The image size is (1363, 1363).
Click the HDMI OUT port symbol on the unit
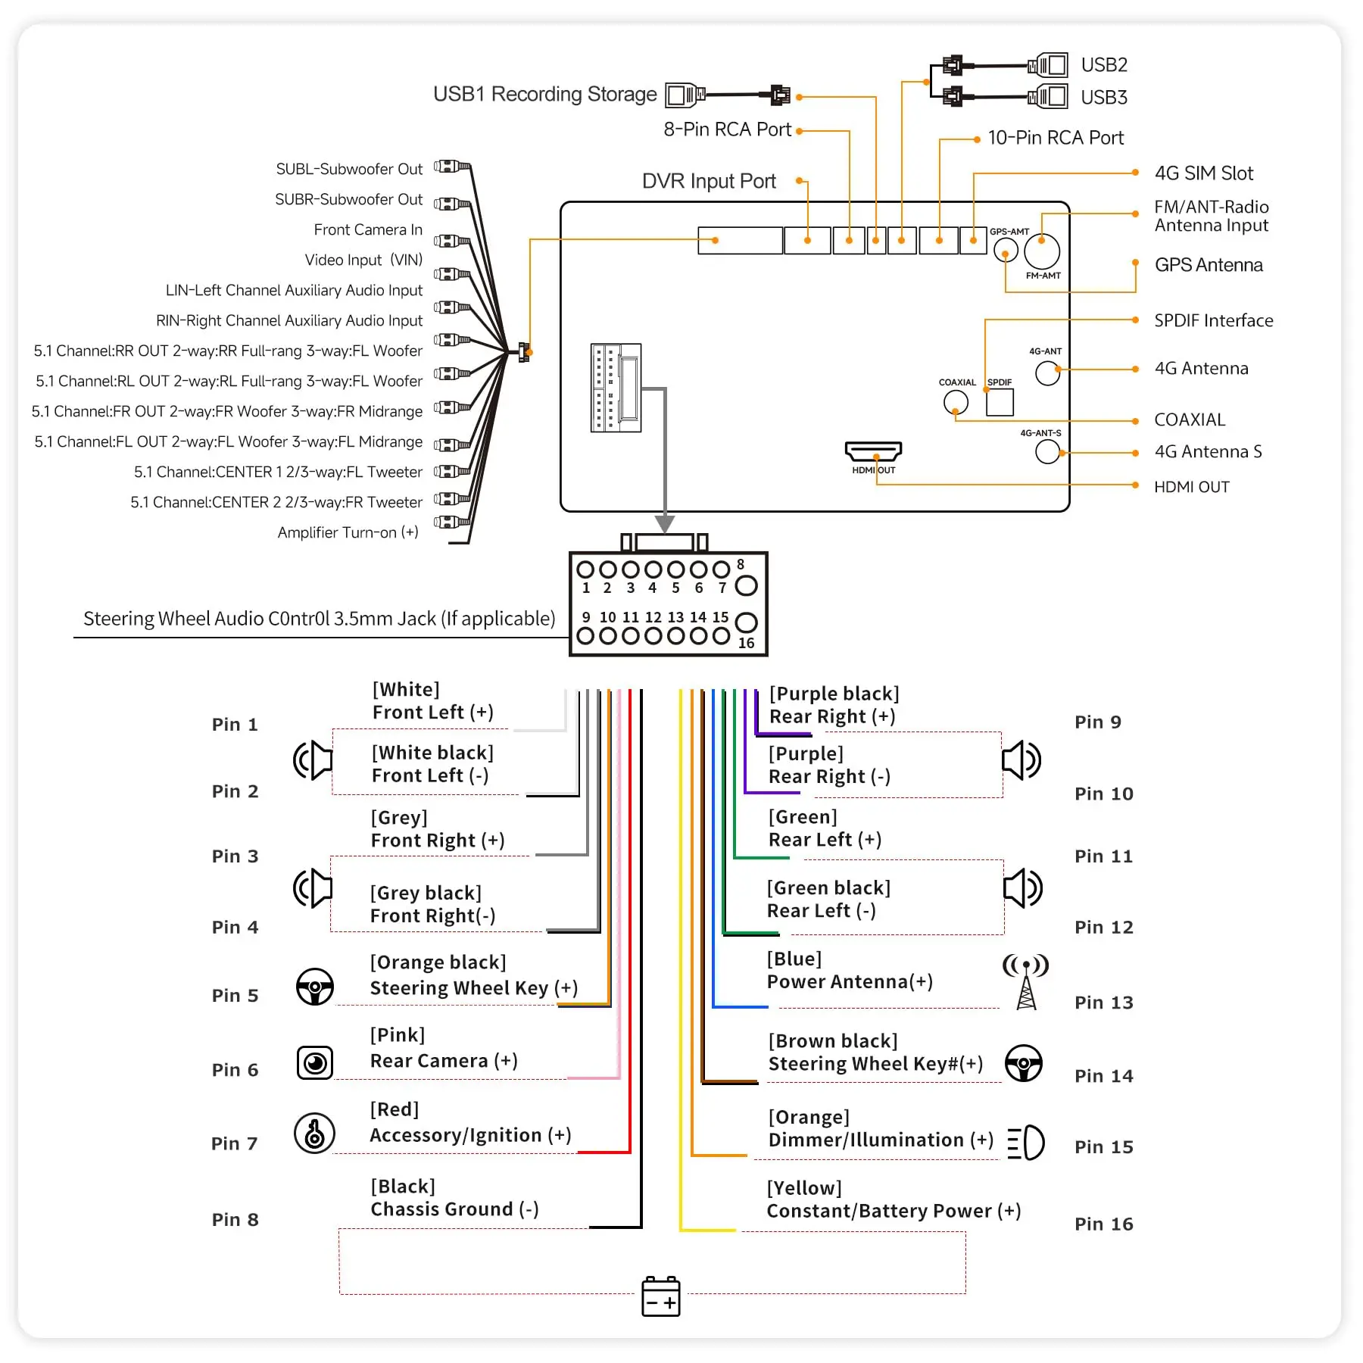873,451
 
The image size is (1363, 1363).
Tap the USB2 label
1103,65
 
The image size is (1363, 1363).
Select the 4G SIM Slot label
1203,173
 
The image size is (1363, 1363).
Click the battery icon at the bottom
660,1296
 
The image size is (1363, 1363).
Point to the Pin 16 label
1103,1224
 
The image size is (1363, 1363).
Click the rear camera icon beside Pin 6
315,1062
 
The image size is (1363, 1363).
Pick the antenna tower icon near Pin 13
1025,982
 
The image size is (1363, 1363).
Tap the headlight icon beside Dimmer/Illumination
1026,1143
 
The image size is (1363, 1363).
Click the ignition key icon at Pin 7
314,1133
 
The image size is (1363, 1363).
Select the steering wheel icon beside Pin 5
314,987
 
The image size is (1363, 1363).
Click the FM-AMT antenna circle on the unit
1042,251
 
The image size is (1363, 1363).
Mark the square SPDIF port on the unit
1000,402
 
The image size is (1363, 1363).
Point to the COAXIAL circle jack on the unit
956,402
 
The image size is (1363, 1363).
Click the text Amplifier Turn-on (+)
348,532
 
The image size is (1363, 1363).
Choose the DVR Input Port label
709,182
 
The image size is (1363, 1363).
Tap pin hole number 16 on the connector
746,622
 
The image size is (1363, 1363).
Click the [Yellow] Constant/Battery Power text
894,1199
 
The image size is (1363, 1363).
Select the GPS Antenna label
1209,265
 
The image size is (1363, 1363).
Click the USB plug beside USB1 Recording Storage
685,95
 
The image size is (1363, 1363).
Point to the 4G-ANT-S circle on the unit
1047,452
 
